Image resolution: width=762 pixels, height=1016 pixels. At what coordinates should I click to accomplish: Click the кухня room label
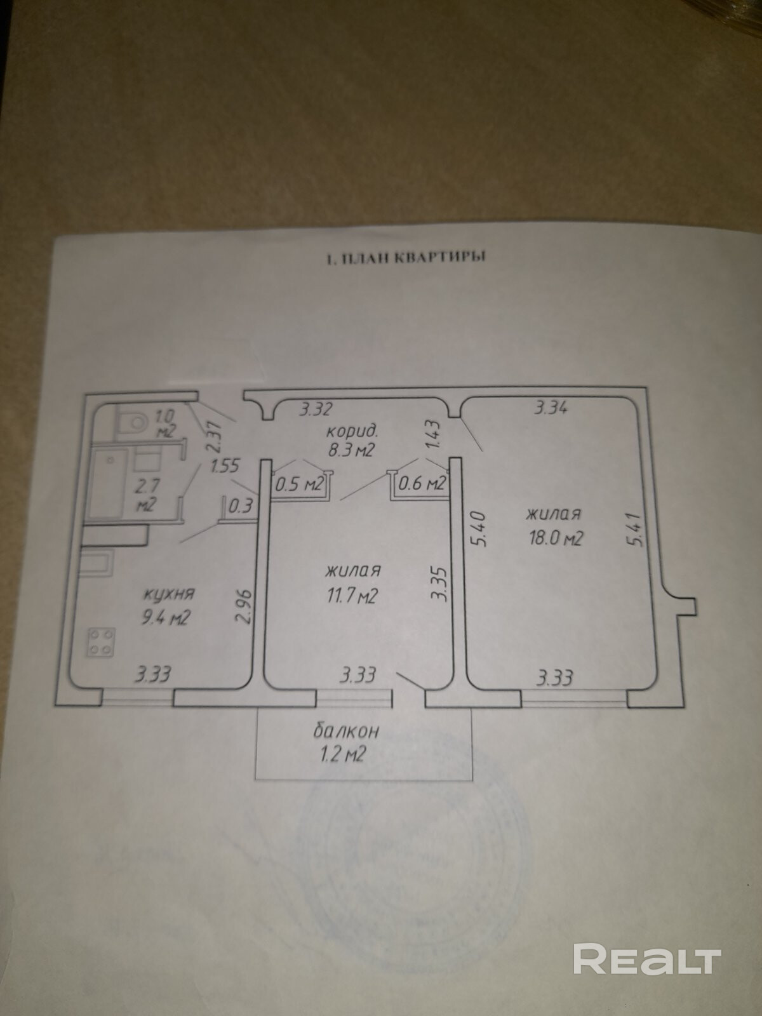point(169,595)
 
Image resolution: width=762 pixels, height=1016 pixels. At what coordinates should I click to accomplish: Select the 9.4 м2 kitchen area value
point(168,617)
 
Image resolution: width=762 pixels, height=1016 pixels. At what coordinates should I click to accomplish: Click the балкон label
point(346,731)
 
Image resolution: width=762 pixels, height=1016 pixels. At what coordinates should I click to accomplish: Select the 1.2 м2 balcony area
point(345,755)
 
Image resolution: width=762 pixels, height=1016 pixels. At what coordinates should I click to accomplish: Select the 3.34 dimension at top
point(551,408)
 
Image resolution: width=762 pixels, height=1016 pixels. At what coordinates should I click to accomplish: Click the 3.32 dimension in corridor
point(316,408)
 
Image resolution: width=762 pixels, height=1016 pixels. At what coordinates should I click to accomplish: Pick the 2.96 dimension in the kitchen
point(248,608)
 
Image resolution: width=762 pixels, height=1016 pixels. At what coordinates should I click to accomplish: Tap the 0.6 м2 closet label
point(420,484)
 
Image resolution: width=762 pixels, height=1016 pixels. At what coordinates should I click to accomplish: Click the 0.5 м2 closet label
point(299,485)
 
